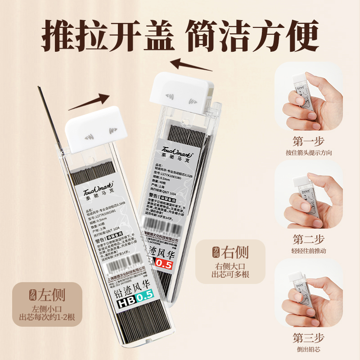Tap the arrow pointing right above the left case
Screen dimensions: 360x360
89,102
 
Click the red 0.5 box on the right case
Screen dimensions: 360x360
163,264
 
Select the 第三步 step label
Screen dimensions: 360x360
308,338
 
